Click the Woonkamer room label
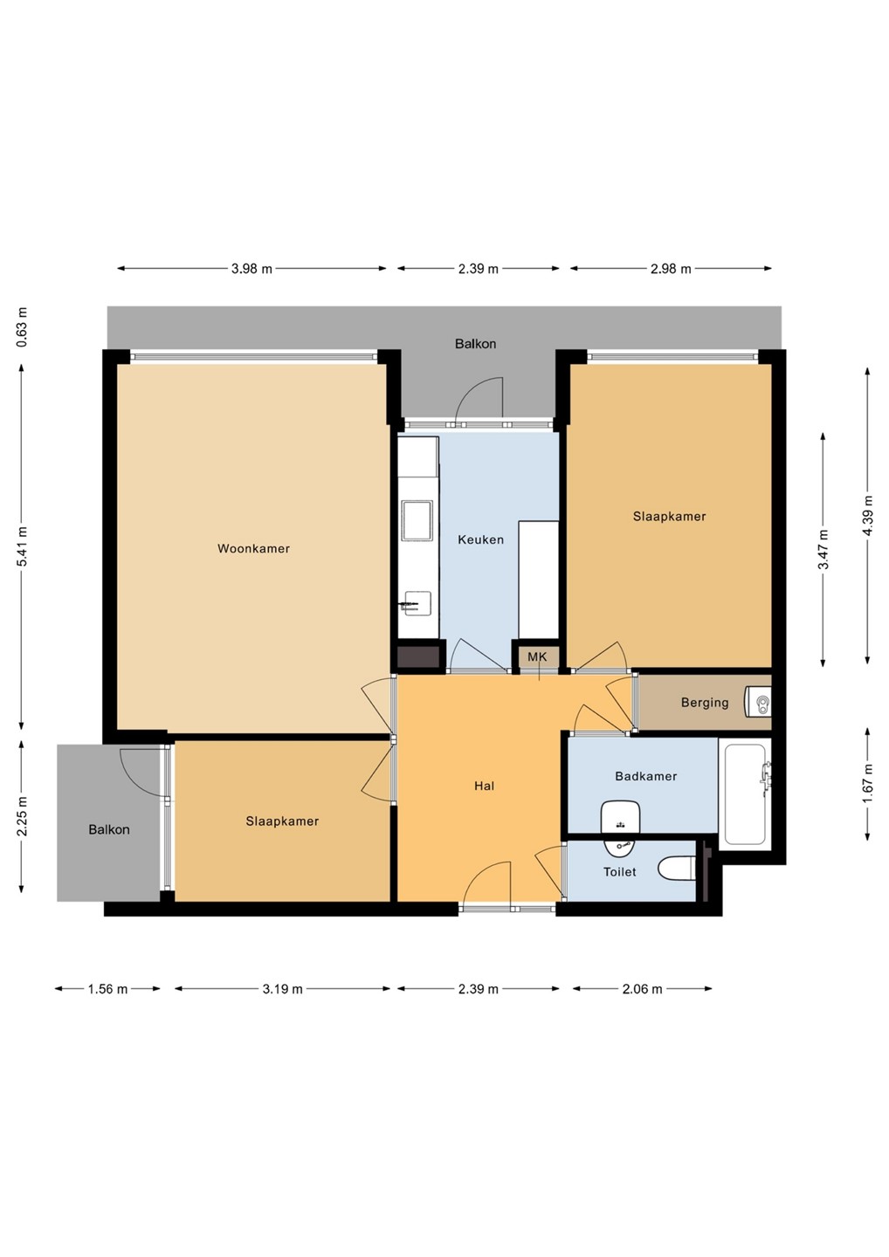(x=253, y=548)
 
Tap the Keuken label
(x=481, y=539)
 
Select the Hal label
(x=485, y=786)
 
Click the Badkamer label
(x=646, y=776)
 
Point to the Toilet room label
(x=620, y=871)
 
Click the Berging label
(x=705, y=703)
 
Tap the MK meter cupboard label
(x=537, y=656)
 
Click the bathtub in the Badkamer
(x=745, y=794)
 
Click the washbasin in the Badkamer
(x=620, y=818)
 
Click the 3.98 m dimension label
(x=252, y=269)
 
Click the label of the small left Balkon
(x=109, y=829)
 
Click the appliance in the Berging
(x=758, y=702)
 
